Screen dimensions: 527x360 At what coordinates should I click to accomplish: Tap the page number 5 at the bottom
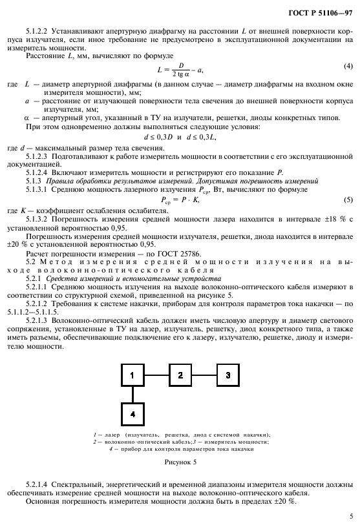tap(350, 515)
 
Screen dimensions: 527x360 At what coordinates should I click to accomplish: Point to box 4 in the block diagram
tap(132, 413)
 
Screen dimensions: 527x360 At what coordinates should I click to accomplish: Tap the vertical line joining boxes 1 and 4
tap(132, 393)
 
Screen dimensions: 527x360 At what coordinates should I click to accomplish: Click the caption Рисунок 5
tap(179, 462)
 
